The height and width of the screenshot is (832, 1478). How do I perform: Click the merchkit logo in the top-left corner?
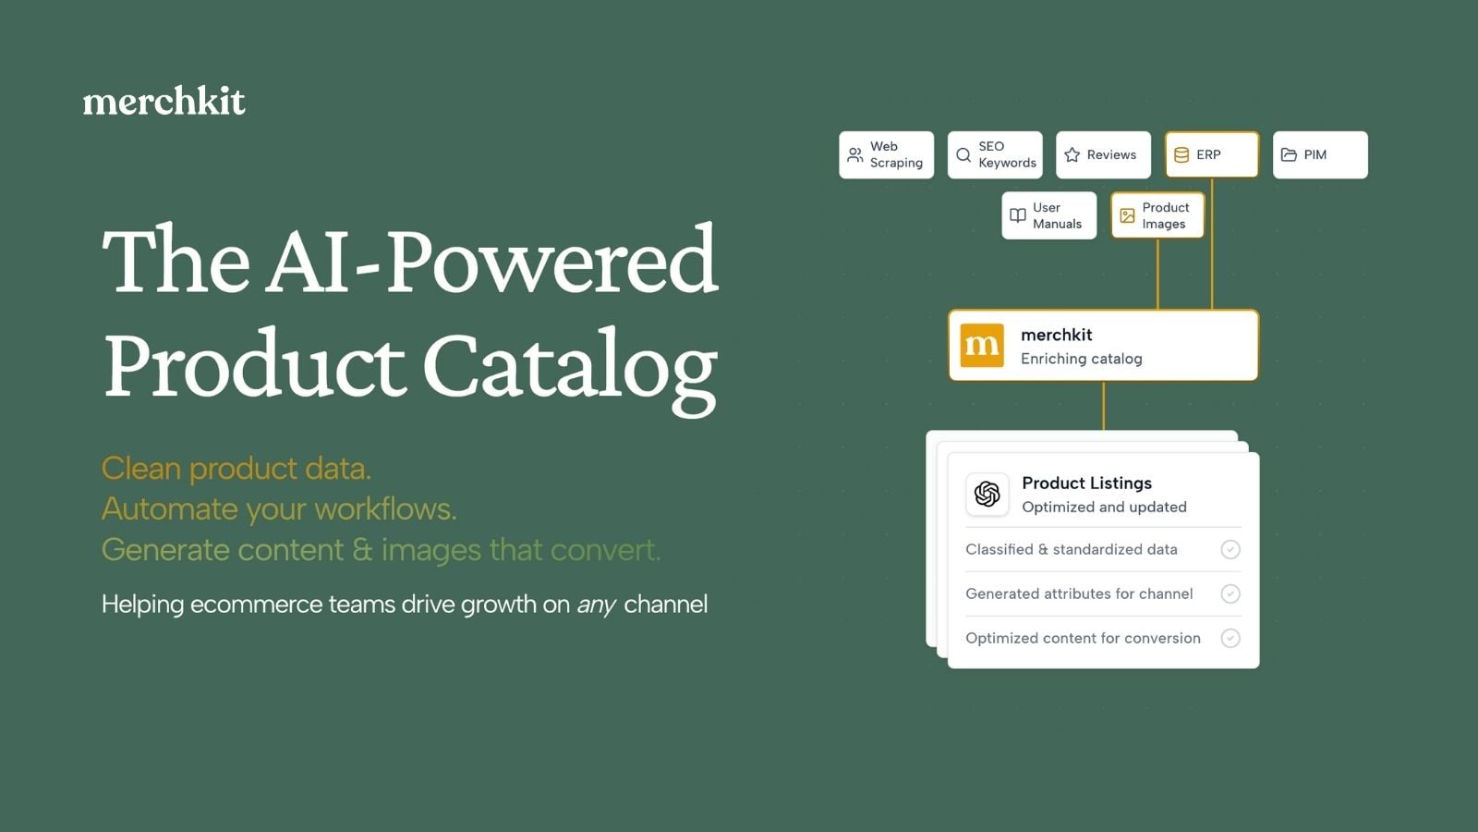click(x=164, y=101)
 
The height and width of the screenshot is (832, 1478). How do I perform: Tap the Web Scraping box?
click(x=886, y=154)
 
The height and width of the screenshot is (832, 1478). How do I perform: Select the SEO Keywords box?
click(x=995, y=154)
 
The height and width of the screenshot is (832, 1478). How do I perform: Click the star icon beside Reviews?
click(x=1072, y=154)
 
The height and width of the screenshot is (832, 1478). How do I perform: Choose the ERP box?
click(x=1212, y=154)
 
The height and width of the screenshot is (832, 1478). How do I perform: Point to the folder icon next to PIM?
click(x=1289, y=154)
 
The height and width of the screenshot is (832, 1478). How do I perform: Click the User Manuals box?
click(x=1049, y=215)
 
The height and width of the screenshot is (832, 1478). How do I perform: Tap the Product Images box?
click(x=1157, y=215)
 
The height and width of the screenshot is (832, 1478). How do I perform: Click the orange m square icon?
click(x=982, y=345)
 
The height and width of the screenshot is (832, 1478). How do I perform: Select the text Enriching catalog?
click(x=1081, y=359)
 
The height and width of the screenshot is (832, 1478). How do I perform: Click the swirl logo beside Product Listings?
click(x=987, y=494)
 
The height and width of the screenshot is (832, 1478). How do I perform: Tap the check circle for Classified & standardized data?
click(x=1230, y=549)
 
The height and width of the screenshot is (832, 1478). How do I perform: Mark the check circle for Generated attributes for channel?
click(x=1230, y=593)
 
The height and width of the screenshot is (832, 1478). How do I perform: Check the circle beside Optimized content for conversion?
click(x=1230, y=638)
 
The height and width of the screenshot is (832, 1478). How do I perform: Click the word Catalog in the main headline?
click(x=570, y=370)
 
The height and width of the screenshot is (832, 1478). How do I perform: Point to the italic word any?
click(x=597, y=605)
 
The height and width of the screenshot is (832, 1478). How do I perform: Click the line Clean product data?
click(x=236, y=468)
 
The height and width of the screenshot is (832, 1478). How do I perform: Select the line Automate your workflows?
click(x=279, y=509)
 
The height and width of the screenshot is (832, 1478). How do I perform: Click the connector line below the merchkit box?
click(x=1103, y=406)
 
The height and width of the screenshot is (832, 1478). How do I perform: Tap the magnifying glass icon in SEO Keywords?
click(x=963, y=154)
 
